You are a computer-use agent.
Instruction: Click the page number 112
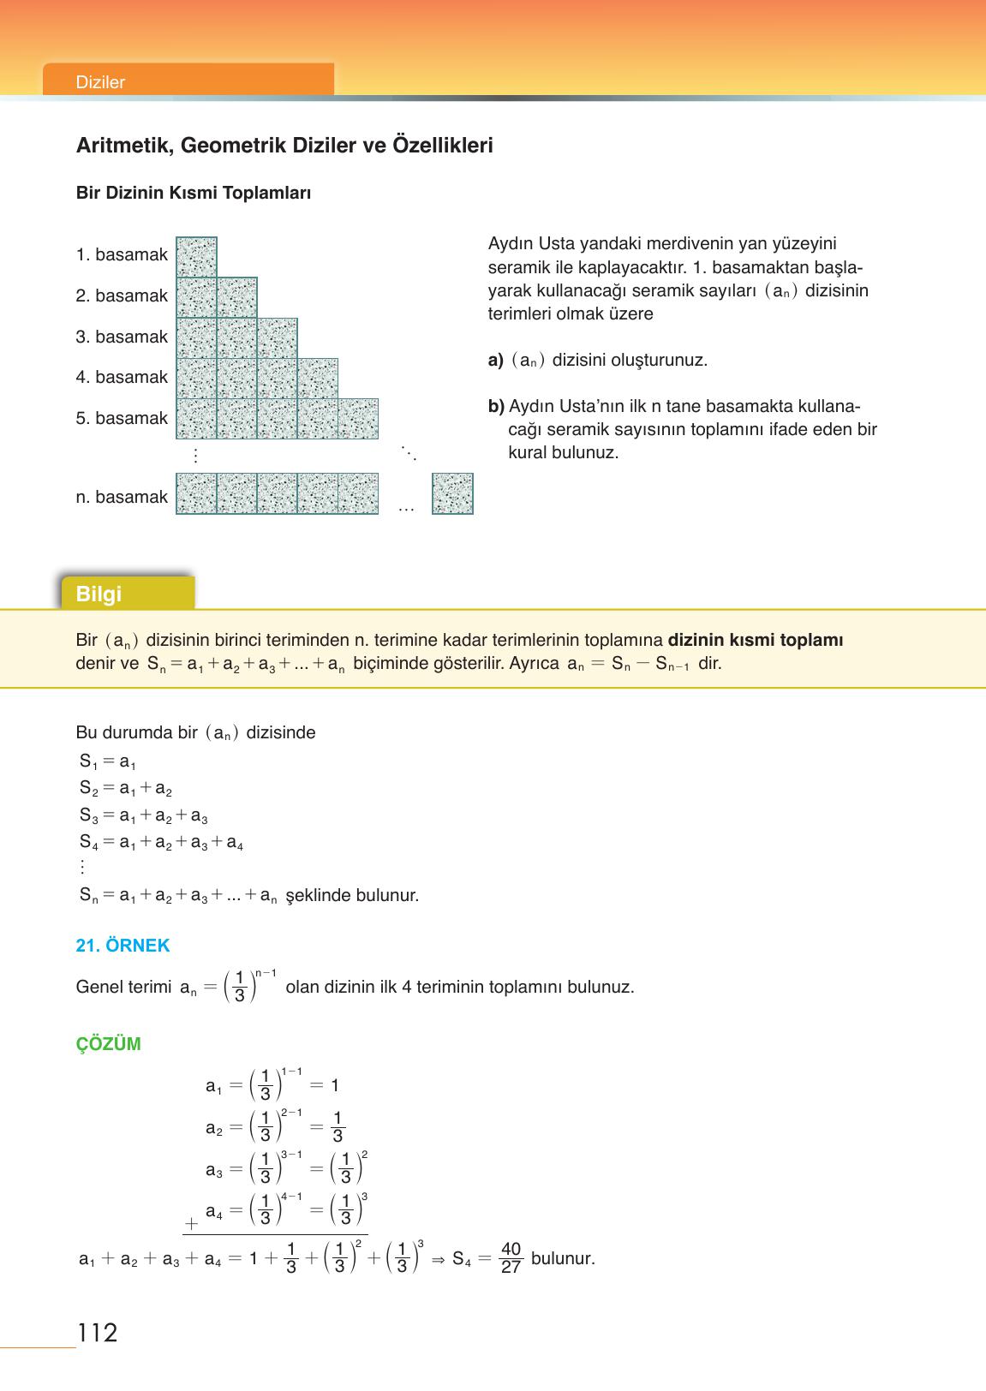coord(97,1333)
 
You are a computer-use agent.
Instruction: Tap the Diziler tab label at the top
coord(100,82)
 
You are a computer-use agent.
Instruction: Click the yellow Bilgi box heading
coord(99,594)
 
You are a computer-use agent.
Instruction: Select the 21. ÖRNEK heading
coord(123,946)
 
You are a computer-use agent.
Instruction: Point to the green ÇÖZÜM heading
coord(108,1044)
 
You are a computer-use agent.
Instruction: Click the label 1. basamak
coord(122,254)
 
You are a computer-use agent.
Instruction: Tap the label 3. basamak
coord(122,337)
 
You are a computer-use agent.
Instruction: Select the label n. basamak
coord(122,497)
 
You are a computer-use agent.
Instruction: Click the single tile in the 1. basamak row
coord(196,257)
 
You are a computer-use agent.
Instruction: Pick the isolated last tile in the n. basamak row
coord(452,493)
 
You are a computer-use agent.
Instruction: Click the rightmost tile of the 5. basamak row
coord(358,419)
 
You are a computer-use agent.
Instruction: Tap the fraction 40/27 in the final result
coord(511,1258)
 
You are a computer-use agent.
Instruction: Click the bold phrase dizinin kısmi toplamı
coord(755,640)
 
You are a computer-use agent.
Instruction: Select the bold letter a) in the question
coord(495,360)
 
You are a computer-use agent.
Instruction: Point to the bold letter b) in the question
coord(496,406)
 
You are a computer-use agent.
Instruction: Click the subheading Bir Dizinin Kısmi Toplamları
coord(194,193)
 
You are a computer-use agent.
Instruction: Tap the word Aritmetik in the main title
coord(123,145)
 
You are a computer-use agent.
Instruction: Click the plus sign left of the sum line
coord(191,1225)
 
